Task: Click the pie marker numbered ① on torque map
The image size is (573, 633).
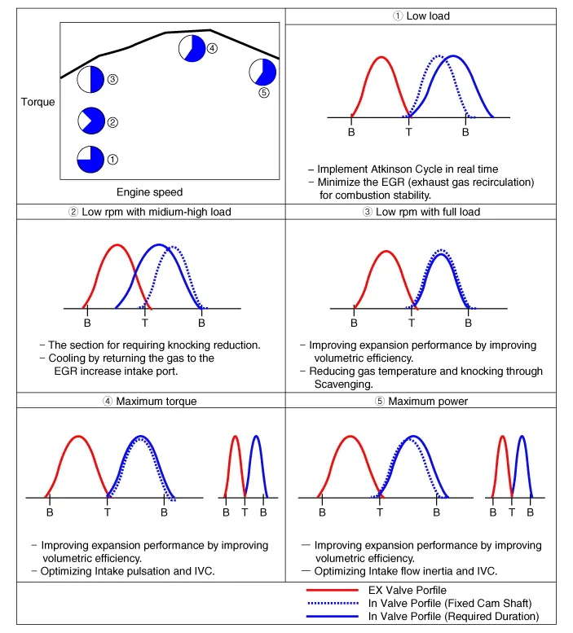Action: coord(90,160)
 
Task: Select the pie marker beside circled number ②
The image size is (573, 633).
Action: coord(91,121)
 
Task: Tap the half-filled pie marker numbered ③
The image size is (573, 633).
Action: coord(90,80)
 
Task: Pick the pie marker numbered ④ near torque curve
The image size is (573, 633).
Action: coord(192,48)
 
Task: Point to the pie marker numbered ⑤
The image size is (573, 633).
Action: coord(262,72)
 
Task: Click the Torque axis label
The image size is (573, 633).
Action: coord(38,102)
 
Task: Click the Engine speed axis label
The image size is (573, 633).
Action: coord(149,192)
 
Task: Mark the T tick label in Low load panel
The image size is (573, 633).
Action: coord(408,132)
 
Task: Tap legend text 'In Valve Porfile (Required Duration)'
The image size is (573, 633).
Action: coord(453,617)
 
